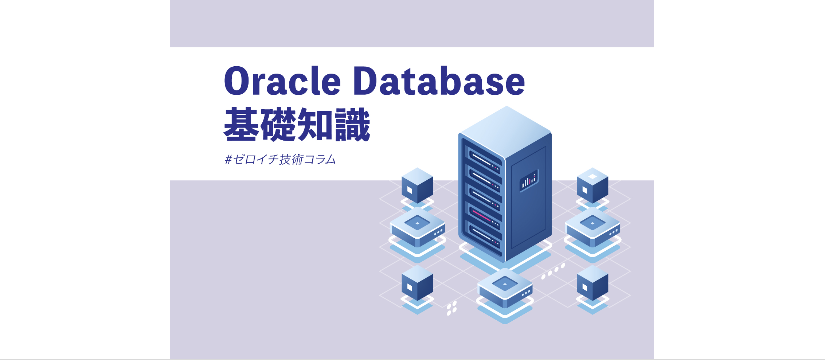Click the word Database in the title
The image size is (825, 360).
[x=439, y=81]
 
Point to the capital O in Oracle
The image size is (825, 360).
[x=239, y=81]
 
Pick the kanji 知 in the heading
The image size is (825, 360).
[x=316, y=125]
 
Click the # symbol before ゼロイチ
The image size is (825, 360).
[x=228, y=160]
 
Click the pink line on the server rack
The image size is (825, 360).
[x=482, y=216]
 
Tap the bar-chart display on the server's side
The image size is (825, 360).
[x=529, y=180]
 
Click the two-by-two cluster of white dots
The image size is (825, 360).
[x=452, y=308]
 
